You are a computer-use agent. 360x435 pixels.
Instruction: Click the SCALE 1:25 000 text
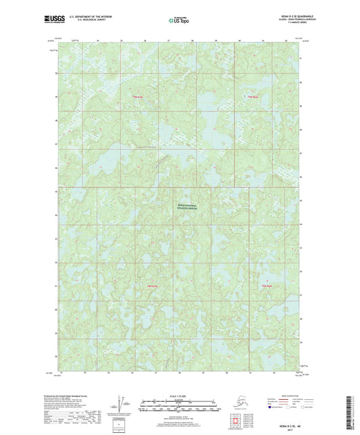pyautogui.click(x=179, y=395)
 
